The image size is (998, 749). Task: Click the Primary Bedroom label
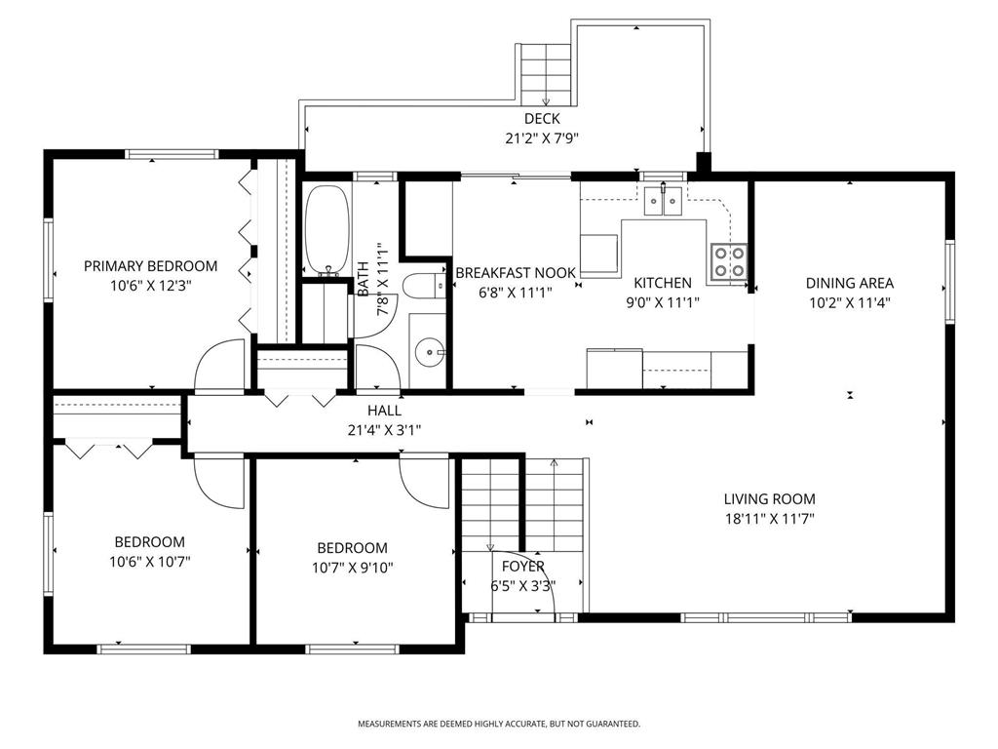(x=150, y=265)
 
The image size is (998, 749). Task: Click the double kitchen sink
(x=665, y=200)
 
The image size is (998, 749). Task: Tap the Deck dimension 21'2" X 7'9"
(x=542, y=138)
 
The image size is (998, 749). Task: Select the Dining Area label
(x=849, y=283)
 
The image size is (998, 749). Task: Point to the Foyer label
(x=523, y=567)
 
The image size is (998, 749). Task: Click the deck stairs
(x=545, y=74)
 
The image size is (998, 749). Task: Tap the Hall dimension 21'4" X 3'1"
(x=384, y=429)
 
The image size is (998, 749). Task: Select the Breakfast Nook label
(x=516, y=273)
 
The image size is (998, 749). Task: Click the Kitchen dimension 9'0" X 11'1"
(x=663, y=301)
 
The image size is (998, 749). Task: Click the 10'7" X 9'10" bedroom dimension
(x=352, y=567)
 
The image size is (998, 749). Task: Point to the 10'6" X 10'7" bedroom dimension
(x=149, y=561)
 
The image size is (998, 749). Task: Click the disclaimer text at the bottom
(x=498, y=724)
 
